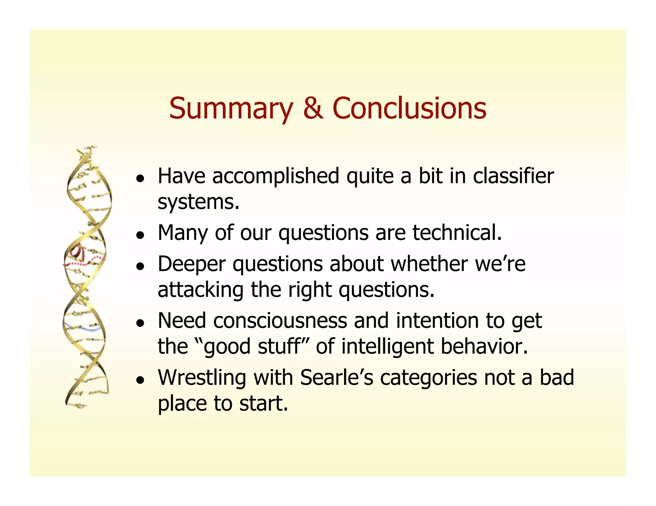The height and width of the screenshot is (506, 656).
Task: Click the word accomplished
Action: pyautogui.click(x=275, y=176)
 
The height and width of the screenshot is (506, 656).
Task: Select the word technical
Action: pyautogui.click(x=457, y=233)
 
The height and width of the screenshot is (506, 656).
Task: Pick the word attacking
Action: pyautogui.click(x=201, y=290)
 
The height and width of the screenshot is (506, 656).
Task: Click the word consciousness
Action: pyautogui.click(x=280, y=321)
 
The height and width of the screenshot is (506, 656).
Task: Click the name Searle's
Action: pyautogui.click(x=337, y=378)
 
